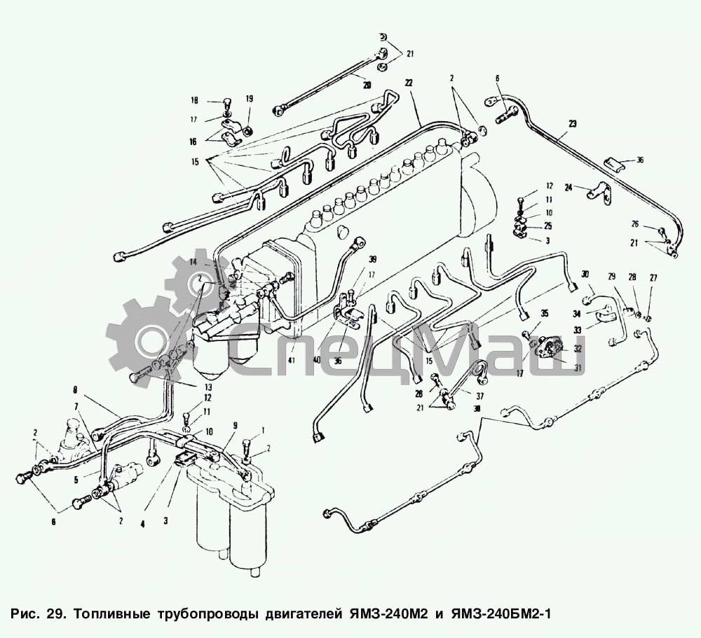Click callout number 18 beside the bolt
point(195,100)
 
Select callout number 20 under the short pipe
point(366,85)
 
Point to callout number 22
point(409,83)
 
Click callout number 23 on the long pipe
point(573,124)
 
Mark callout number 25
point(548,226)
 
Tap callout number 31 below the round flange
point(578,368)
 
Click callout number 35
point(544,312)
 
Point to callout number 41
point(291,360)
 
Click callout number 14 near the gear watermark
point(192,261)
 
